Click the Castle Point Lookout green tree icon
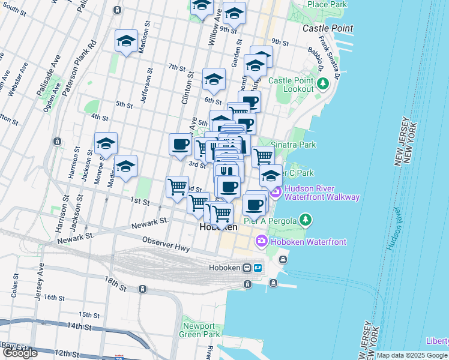[x=324, y=85]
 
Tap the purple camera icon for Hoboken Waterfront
[x=261, y=242]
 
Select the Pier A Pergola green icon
[x=307, y=221]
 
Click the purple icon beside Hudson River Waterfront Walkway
[x=276, y=193]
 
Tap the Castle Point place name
[x=328, y=28]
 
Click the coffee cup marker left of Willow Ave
[x=180, y=144]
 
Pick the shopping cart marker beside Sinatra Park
[x=263, y=157]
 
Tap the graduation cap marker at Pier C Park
[x=271, y=175]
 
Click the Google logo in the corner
[x=20, y=353]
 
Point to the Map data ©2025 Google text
[x=412, y=355]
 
